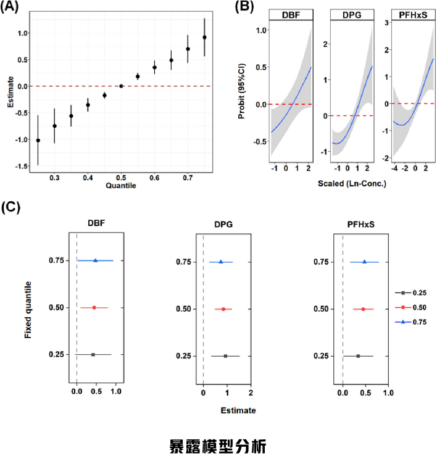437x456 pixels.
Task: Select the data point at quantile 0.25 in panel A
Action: click(x=38, y=140)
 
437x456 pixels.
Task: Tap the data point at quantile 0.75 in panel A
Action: click(x=204, y=37)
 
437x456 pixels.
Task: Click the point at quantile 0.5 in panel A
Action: click(x=121, y=86)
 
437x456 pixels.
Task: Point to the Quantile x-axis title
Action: click(x=120, y=185)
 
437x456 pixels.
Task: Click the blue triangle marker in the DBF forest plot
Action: click(x=95, y=260)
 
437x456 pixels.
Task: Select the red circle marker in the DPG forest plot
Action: click(x=223, y=309)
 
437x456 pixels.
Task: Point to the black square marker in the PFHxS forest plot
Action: click(x=358, y=356)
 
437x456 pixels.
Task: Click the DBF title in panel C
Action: click(x=96, y=224)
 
